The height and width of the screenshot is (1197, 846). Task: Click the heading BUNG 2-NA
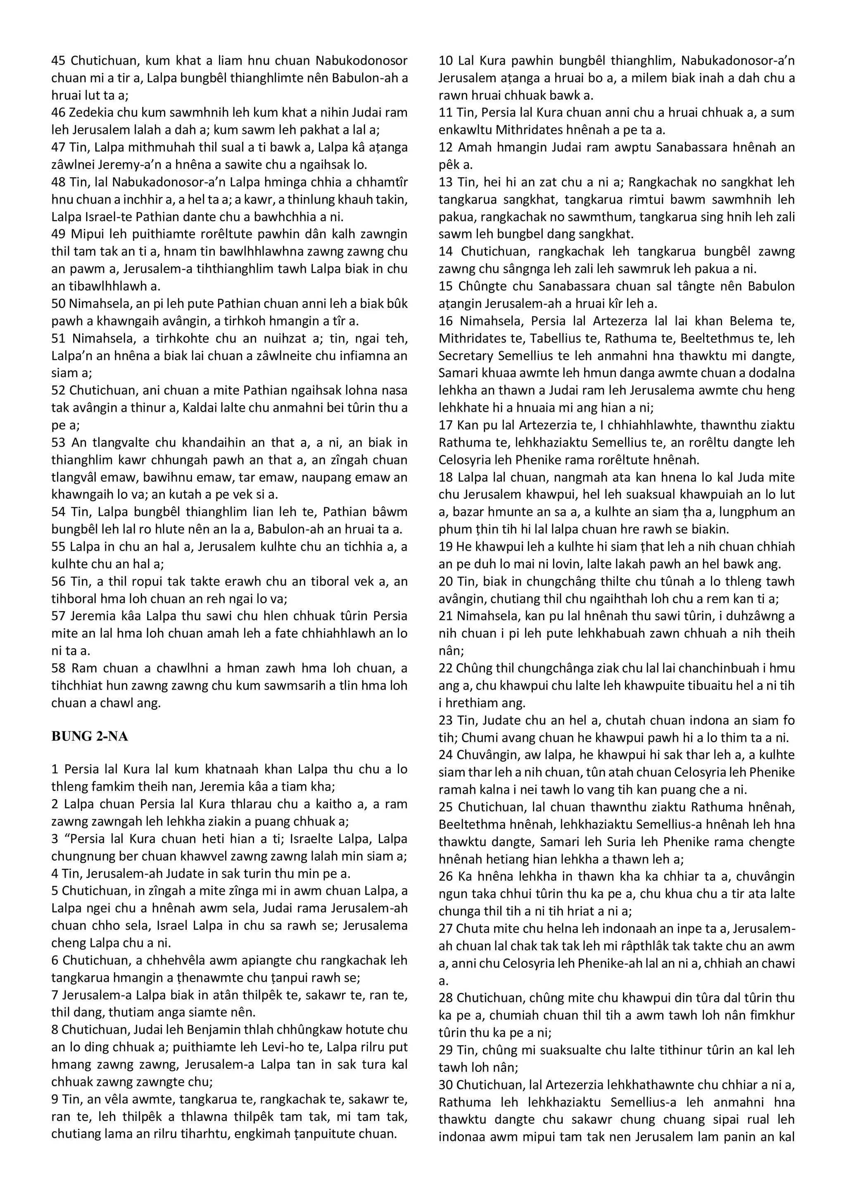90,737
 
